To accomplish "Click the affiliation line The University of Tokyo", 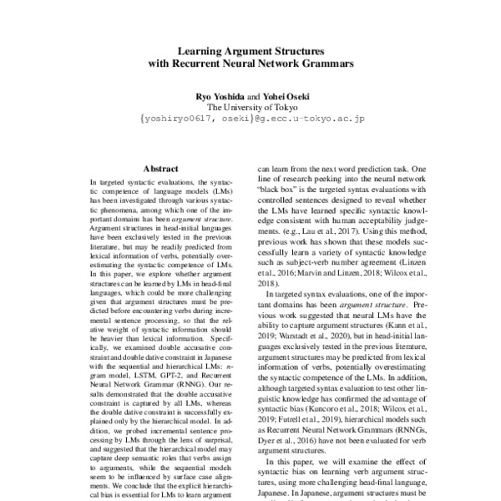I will [x=250, y=108].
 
